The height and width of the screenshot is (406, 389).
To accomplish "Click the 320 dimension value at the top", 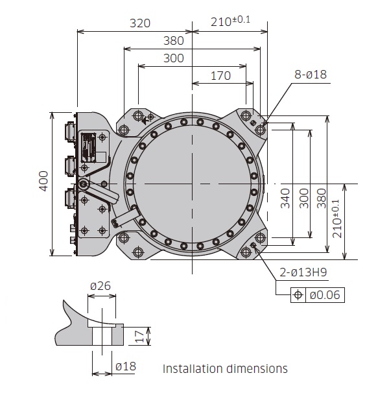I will click(x=140, y=23).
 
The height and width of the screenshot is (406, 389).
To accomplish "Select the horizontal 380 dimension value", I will click(x=173, y=41).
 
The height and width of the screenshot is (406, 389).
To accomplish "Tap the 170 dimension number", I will click(x=220, y=76).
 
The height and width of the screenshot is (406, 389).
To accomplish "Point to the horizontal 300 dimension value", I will click(x=173, y=58).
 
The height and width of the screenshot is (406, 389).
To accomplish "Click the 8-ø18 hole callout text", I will click(x=311, y=75).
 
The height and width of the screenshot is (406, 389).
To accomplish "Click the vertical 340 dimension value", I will click(x=284, y=202).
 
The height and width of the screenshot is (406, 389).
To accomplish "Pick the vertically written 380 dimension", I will click(x=320, y=202).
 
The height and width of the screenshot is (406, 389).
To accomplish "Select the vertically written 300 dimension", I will click(x=302, y=202).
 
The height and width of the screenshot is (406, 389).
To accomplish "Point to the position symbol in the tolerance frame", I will click(x=299, y=295).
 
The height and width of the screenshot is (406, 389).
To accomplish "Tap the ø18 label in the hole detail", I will click(x=125, y=366).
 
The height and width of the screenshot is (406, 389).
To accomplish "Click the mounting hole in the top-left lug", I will click(x=138, y=116).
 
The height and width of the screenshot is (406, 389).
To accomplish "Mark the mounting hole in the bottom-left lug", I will click(x=137, y=252).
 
